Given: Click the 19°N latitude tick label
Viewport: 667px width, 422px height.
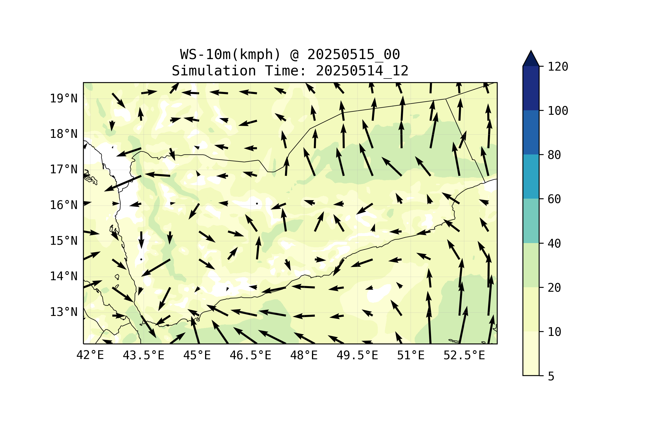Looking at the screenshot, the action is click(x=64, y=98).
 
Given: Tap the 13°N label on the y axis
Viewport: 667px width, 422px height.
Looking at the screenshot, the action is click(x=64, y=312).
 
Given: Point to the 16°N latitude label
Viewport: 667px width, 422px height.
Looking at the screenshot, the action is click(x=64, y=205).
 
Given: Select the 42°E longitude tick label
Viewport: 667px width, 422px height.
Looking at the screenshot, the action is click(x=90, y=355).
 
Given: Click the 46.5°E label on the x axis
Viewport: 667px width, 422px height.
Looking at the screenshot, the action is click(x=250, y=355).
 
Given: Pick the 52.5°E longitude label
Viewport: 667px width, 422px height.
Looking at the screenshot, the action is click(x=464, y=355).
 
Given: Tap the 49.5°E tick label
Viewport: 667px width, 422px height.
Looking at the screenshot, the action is click(x=357, y=355).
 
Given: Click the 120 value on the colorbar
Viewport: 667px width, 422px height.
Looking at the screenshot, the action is click(x=558, y=67).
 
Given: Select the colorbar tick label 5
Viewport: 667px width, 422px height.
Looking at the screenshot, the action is click(x=551, y=376).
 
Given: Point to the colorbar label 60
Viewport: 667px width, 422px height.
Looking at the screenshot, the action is click(x=554, y=199).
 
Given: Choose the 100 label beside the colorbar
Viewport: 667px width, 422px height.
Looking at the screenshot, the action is click(x=558, y=111).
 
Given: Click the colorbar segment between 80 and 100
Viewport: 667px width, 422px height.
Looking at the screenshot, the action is click(x=531, y=132).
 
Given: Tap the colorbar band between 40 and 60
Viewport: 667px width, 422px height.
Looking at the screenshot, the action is click(x=531, y=221).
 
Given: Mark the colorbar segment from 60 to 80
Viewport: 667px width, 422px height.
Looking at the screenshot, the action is click(x=531, y=177).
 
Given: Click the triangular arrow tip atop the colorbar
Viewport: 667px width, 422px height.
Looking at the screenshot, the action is click(x=531, y=59).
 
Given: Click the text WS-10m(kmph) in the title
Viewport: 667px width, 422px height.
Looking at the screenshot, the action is click(x=230, y=55).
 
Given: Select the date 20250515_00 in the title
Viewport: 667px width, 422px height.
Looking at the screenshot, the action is click(x=353, y=55).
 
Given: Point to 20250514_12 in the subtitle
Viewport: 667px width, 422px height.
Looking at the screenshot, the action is click(x=362, y=71).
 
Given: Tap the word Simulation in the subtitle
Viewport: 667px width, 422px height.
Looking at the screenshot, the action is click(x=214, y=71).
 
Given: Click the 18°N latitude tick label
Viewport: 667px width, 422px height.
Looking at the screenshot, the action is click(x=64, y=134).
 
